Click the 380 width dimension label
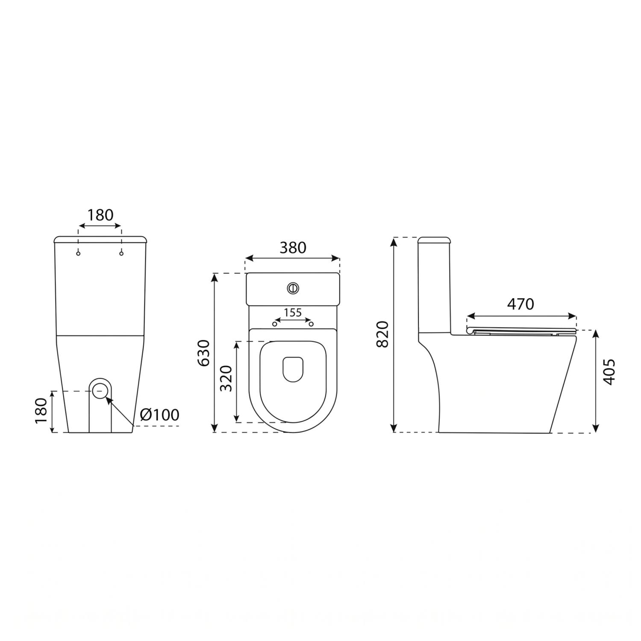(293, 247)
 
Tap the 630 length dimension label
(204, 353)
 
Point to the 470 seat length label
(520, 304)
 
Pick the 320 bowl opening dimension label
(226, 378)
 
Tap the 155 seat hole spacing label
(293, 312)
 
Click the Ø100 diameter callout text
(159, 415)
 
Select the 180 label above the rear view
(100, 215)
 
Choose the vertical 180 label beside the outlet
(41, 411)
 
